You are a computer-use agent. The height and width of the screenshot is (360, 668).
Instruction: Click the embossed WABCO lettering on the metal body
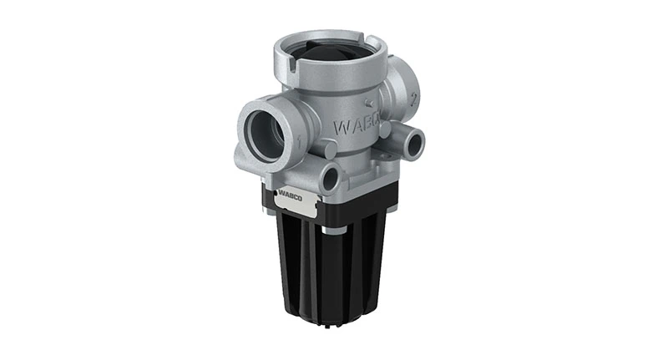[357, 128]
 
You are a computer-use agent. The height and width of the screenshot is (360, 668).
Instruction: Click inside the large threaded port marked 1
[265, 133]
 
